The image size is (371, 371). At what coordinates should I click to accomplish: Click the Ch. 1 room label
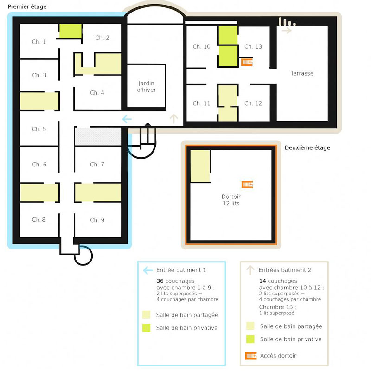[x=39, y=42]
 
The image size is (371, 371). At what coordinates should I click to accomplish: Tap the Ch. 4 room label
[x=97, y=93]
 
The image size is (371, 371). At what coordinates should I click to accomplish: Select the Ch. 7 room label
[x=97, y=165]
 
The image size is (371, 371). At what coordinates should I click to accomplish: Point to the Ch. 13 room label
[x=253, y=47]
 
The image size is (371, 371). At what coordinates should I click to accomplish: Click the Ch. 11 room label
[x=201, y=103]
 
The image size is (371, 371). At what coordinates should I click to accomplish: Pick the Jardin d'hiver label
[x=147, y=86]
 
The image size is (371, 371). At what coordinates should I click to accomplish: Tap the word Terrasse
[x=302, y=73]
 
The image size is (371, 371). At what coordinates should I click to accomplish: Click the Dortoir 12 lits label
[x=231, y=200]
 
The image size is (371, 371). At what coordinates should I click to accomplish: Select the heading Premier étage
[x=27, y=6]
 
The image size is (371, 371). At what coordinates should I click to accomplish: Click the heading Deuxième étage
[x=307, y=147]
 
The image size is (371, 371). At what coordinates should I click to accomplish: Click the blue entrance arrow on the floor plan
[x=127, y=119]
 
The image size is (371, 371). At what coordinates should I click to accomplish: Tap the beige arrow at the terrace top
[x=287, y=31]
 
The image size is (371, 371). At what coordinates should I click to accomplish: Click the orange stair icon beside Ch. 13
[x=247, y=62]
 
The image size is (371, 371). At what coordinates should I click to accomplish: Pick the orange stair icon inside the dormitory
[x=247, y=185]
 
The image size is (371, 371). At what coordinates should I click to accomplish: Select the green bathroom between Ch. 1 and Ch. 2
[x=70, y=31]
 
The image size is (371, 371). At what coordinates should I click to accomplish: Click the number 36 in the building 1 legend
[x=160, y=281]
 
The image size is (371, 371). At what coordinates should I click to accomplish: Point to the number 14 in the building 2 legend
[x=262, y=281]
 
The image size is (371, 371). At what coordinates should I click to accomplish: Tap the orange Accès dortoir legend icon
[x=251, y=356]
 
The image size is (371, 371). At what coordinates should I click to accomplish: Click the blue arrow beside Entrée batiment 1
[x=148, y=270]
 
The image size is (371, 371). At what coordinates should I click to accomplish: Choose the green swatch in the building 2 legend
[x=250, y=339]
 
